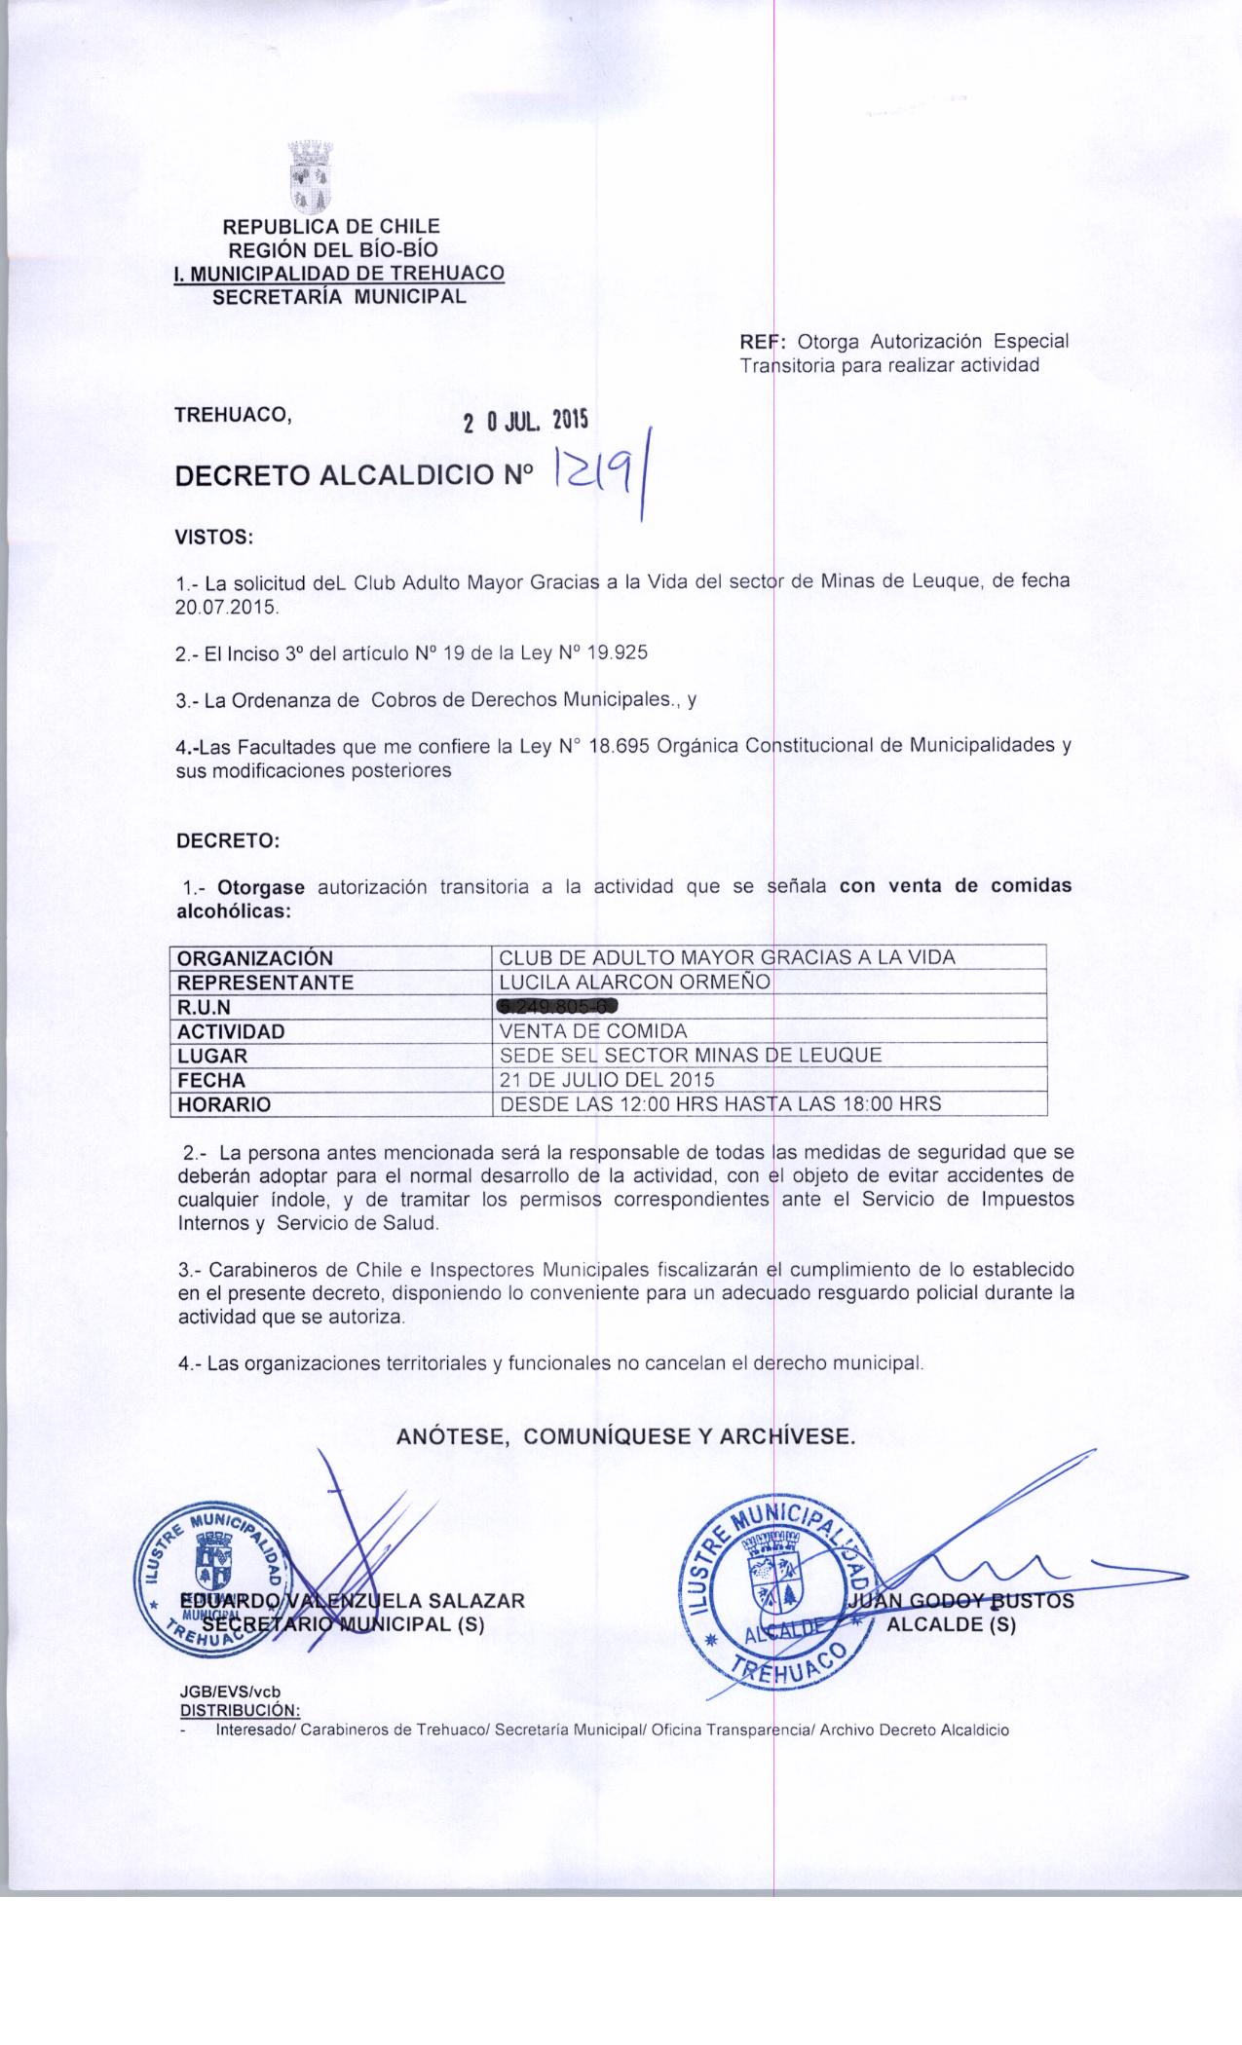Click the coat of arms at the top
(x=312, y=178)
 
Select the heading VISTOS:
(x=213, y=536)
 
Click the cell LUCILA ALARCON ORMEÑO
(x=634, y=982)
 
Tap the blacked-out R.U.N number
(x=558, y=1006)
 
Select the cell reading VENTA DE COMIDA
(x=592, y=1030)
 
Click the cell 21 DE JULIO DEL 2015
(x=606, y=1079)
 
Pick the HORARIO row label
(x=223, y=1104)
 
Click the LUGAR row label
(x=212, y=1056)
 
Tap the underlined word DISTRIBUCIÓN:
(x=241, y=1709)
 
